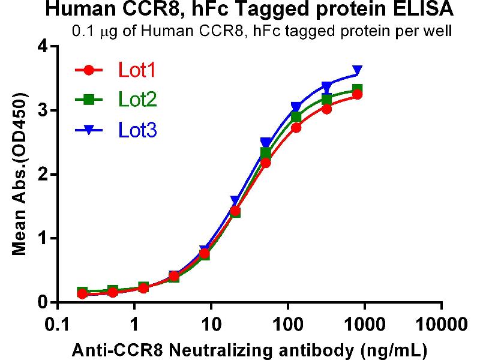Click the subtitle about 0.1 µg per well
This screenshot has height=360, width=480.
pyautogui.click(x=261, y=31)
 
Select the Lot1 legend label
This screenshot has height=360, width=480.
pyautogui.click(x=137, y=71)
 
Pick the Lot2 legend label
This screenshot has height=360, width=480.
pyautogui.click(x=137, y=100)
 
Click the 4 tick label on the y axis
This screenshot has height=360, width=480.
pyautogui.click(x=43, y=47)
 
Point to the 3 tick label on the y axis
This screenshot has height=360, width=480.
pyautogui.click(x=43, y=110)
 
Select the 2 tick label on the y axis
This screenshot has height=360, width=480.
pyautogui.click(x=43, y=175)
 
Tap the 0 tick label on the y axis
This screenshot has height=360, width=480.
pyautogui.click(x=43, y=302)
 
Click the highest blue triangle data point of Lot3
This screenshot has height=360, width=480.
pyautogui.click(x=358, y=71)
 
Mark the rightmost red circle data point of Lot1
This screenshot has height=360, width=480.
pyautogui.click(x=358, y=94)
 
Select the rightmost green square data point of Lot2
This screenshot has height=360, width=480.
pyautogui.click(x=358, y=90)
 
